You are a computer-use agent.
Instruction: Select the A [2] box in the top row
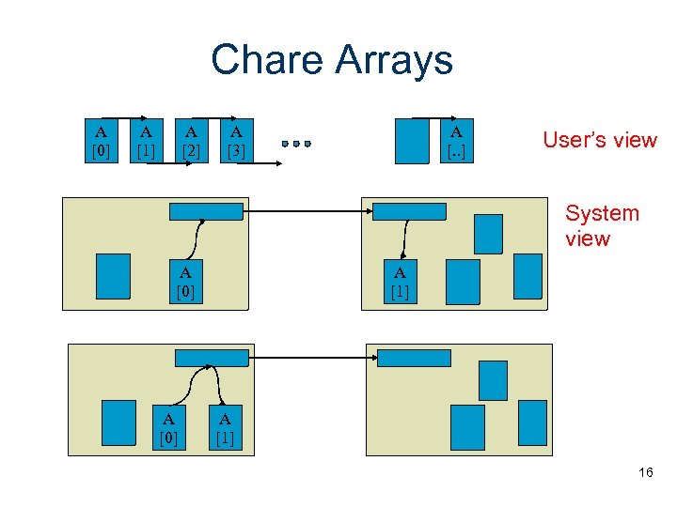[x=192, y=141]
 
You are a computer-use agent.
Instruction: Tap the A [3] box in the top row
[x=236, y=141]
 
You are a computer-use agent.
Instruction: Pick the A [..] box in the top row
[x=456, y=141]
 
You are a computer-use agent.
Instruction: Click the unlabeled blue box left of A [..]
[x=412, y=141]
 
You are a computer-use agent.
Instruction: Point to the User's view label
[x=599, y=140]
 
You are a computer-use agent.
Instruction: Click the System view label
[x=602, y=225]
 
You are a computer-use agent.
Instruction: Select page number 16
[x=645, y=472]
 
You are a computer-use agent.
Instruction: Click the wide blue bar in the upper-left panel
[x=206, y=211]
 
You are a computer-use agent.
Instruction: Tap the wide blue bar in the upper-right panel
[x=409, y=211]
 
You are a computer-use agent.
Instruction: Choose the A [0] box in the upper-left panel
[x=186, y=282]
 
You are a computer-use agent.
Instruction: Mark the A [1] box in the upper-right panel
[x=400, y=282]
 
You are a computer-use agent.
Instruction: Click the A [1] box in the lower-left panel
[x=226, y=427]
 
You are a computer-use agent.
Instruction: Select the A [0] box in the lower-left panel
[x=168, y=427]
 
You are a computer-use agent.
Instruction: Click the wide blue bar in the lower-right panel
[x=413, y=358]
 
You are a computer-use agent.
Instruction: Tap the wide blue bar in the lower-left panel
[x=213, y=358]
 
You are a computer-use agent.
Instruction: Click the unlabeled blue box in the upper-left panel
[x=114, y=276]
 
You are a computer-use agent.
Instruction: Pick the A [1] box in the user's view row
[x=147, y=141]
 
